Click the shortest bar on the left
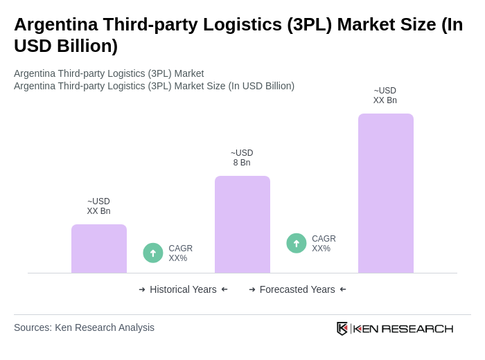click(99, 249)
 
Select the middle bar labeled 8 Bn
click(242, 224)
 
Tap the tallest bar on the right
click(386, 193)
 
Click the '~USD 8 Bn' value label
click(242, 158)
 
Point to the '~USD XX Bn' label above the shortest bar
click(98, 206)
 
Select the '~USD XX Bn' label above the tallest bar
click(385, 96)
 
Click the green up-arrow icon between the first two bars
click(153, 253)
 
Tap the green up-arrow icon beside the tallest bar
click(297, 243)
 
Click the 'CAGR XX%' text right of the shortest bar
click(180, 253)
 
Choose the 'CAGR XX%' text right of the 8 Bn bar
click(324, 244)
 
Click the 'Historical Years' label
click(183, 289)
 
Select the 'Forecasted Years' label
click(297, 289)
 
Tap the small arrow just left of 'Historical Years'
click(142, 289)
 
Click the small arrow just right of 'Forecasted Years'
click(343, 289)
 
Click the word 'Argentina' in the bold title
click(55, 24)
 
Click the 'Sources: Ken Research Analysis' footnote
click(84, 327)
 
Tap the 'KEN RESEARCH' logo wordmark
click(403, 328)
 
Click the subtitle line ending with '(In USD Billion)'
click(154, 86)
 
